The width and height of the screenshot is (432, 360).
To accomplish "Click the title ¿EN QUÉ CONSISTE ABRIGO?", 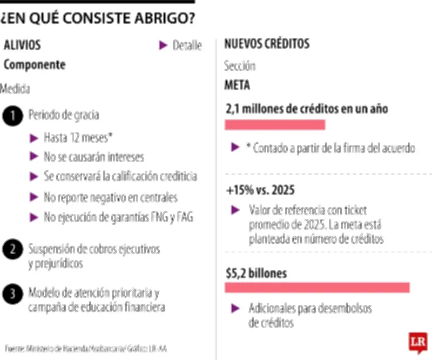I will [x=98, y=18].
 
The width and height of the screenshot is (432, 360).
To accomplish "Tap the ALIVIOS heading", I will [x=22, y=45].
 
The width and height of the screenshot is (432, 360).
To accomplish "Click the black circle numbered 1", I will [x=12, y=116].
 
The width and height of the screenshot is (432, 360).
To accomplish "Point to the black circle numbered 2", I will [x=12, y=250].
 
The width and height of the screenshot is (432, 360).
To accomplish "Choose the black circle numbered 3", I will [x=12, y=293].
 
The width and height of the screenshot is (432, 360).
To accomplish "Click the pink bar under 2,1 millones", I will [x=275, y=125].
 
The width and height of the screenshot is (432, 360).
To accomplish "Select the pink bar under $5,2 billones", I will [x=317, y=288].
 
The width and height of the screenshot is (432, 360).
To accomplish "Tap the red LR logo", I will [x=418, y=342].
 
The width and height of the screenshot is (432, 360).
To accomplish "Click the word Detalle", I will [x=187, y=46].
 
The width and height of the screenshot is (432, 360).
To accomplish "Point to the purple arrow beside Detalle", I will [x=163, y=46].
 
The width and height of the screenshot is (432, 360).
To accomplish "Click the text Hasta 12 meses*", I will [x=78, y=137].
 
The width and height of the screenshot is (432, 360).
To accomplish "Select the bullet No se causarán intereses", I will [x=94, y=157].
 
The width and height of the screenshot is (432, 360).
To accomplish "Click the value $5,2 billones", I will [x=256, y=273].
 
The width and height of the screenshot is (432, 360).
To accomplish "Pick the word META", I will [x=237, y=86].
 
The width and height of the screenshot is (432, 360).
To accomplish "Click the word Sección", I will [x=240, y=66].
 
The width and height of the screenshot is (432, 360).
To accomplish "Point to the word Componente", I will [x=35, y=65].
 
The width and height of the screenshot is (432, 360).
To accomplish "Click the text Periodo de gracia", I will [x=64, y=115].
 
